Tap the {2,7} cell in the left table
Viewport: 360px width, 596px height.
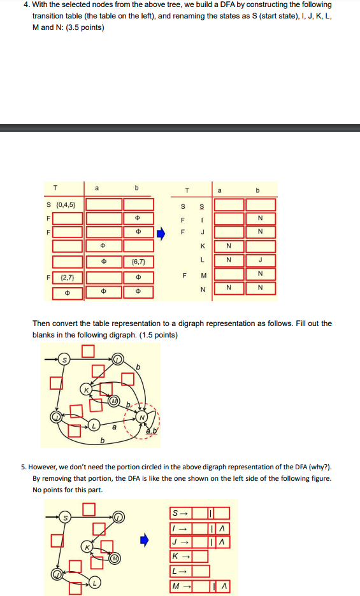68,278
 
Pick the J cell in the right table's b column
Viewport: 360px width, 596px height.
260,260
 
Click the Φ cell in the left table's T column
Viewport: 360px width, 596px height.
68,293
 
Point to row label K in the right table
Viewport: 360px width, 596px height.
203,246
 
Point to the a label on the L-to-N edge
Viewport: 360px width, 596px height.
114,429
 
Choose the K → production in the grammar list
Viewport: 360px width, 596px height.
178,556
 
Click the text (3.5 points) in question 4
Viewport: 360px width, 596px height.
83,27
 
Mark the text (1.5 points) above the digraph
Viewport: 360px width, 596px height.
156,335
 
